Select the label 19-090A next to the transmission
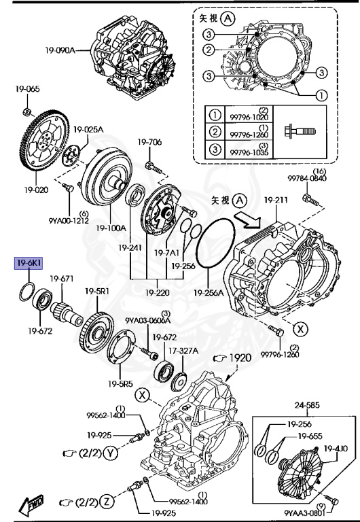[x=60, y=50]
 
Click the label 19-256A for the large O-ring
[x=209, y=293]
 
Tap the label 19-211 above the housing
[x=276, y=200]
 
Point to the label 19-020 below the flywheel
[x=37, y=190]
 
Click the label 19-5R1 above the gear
[x=96, y=291]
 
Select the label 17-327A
[x=183, y=351]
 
